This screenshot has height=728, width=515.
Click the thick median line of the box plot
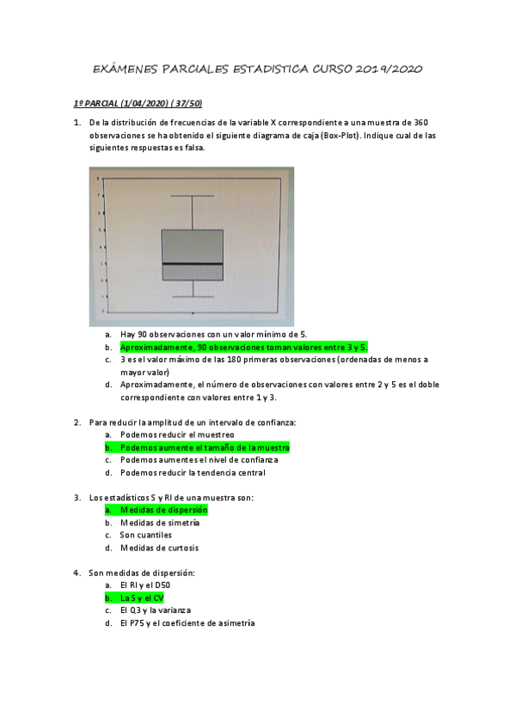pos(193,264)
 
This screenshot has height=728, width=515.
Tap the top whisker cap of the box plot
pos(193,196)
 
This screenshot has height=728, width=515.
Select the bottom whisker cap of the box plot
pos(193,297)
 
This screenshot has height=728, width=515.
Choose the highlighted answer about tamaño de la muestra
pos(205,447)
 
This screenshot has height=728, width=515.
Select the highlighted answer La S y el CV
pos(142,598)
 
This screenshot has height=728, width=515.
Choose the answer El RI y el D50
pos(145,585)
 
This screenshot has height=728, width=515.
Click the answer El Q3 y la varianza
pos(156,610)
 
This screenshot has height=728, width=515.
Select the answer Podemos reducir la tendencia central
pos(193,472)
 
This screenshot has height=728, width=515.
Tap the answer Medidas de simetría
pos(160,522)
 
